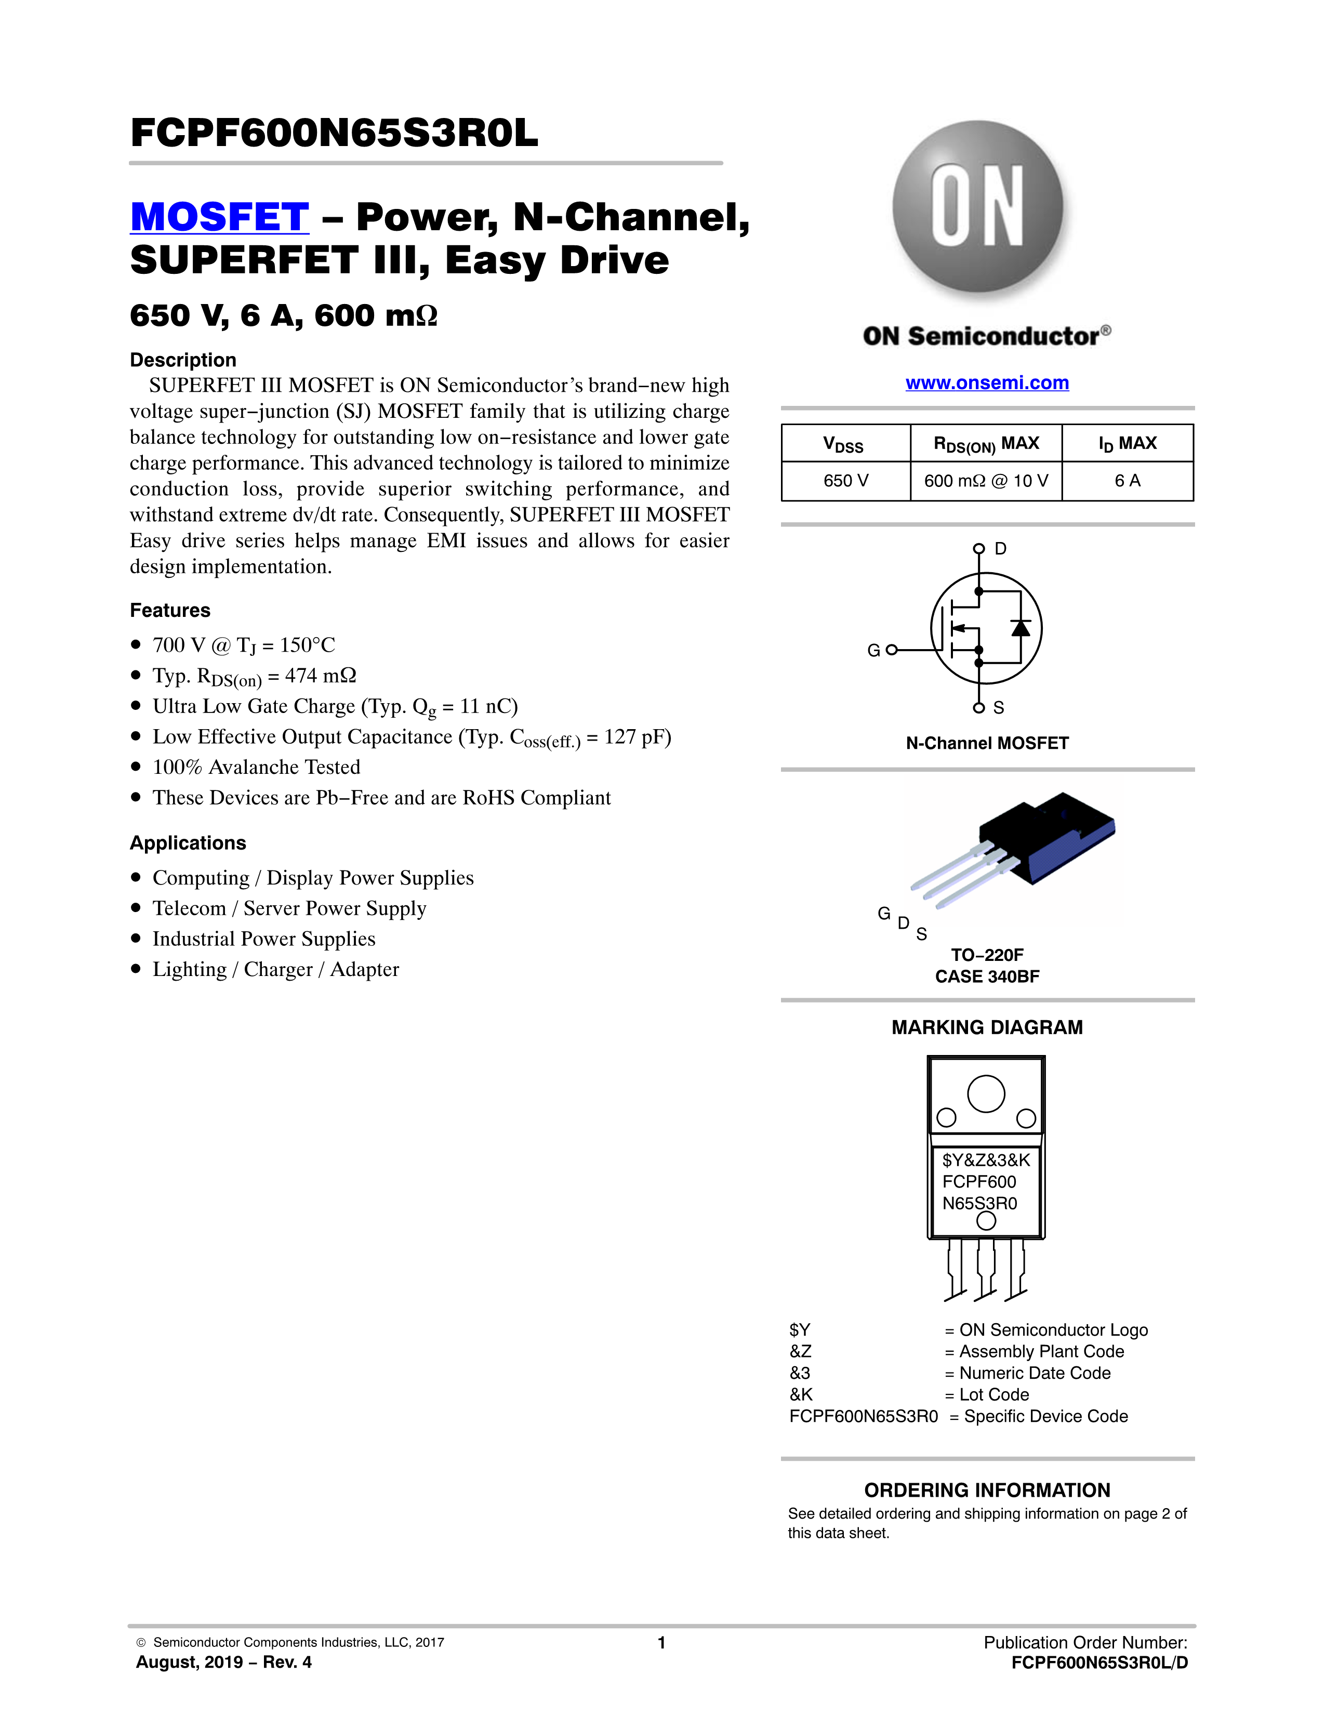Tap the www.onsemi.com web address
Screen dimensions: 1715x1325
click(x=987, y=382)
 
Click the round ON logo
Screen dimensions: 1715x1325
click(x=978, y=207)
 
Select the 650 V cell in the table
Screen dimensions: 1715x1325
click(x=845, y=481)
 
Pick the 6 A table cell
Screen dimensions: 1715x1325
click(x=1127, y=481)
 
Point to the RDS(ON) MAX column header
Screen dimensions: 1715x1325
click(x=986, y=444)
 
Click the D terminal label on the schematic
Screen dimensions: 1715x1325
click(x=1000, y=548)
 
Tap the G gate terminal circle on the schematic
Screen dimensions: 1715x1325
click(x=891, y=650)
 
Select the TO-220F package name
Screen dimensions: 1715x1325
click(x=987, y=955)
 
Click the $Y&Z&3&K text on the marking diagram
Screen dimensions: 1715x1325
click(x=986, y=1160)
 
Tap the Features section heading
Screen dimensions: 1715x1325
click(x=170, y=610)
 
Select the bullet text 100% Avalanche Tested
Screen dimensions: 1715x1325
click(x=256, y=767)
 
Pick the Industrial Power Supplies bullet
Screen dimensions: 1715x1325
click(x=264, y=939)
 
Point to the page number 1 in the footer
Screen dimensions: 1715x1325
click(x=661, y=1642)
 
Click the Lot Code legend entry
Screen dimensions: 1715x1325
click(x=993, y=1395)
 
